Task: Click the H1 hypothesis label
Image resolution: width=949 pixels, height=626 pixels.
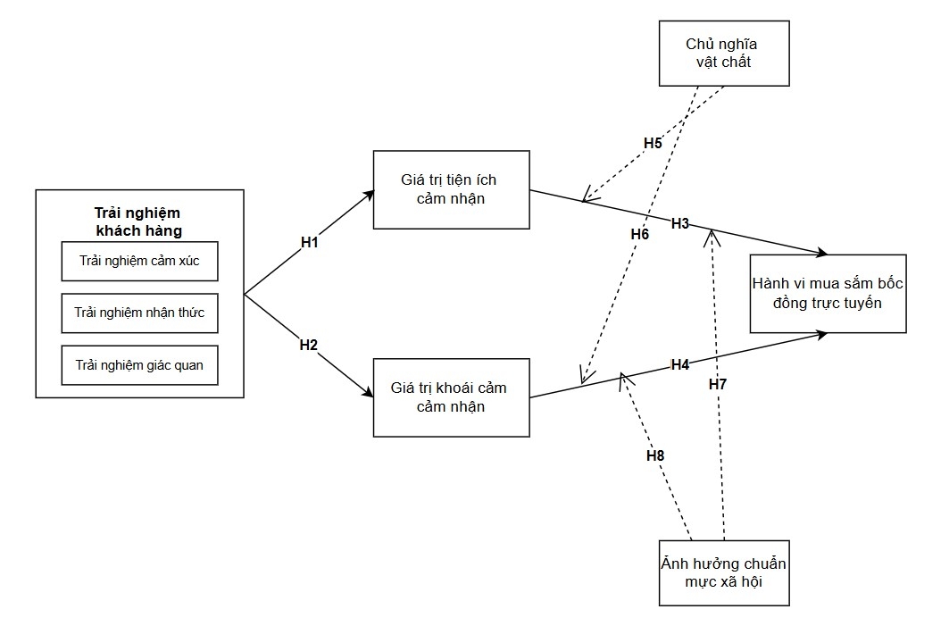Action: point(309,242)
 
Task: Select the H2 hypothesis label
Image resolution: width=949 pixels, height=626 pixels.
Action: point(309,345)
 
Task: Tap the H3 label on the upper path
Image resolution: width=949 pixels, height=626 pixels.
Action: point(680,223)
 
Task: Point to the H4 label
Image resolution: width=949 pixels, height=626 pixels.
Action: point(680,364)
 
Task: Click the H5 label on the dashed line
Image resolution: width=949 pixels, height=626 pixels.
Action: point(653,144)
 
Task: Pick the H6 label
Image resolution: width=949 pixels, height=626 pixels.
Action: point(640,234)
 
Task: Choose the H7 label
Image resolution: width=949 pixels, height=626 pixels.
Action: point(718,384)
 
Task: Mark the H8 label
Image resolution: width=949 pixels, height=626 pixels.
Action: point(655,455)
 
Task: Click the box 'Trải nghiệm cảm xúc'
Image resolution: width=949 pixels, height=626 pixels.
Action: point(140,262)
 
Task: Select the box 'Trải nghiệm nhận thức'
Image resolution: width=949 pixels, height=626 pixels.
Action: point(140,313)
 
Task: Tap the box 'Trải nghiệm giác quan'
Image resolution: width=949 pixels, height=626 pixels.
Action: point(140,365)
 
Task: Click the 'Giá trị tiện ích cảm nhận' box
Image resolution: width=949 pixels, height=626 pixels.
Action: point(452,190)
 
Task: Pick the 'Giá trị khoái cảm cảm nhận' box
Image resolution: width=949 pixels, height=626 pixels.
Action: point(452,397)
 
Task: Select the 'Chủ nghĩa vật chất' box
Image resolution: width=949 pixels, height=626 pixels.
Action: point(724,54)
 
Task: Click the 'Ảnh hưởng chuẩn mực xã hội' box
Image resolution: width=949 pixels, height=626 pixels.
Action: point(724,573)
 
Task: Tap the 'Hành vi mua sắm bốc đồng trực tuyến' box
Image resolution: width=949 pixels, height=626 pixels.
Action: point(828,294)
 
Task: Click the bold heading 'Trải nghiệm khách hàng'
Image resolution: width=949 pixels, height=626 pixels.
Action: point(138,221)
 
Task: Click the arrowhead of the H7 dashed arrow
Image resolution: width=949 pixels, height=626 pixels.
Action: point(712,232)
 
